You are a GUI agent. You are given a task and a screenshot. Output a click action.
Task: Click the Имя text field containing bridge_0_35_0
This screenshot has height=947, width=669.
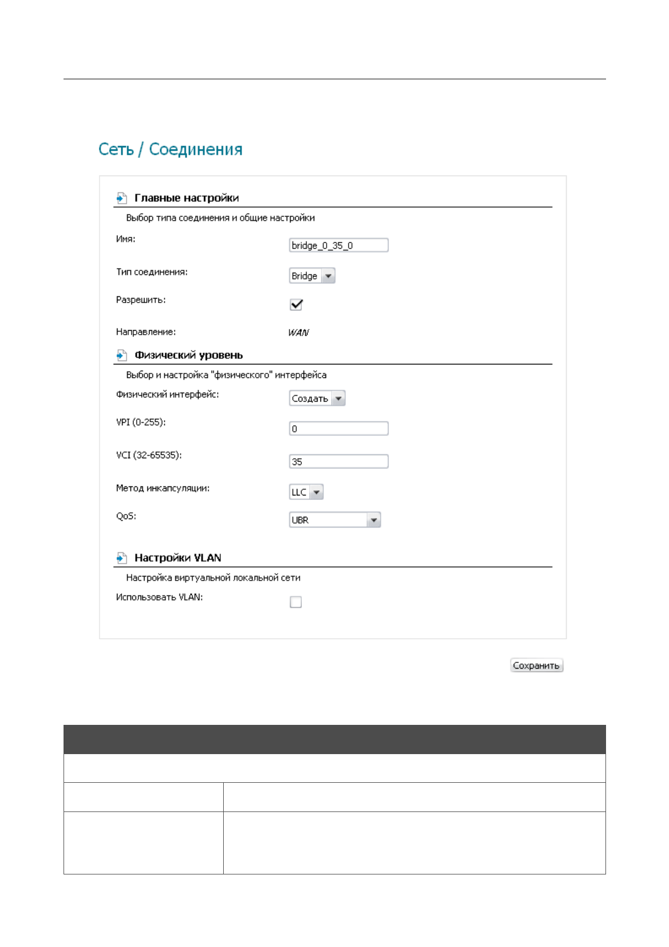(338, 245)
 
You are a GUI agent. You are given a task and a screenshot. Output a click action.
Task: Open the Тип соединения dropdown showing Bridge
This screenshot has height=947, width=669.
(312, 276)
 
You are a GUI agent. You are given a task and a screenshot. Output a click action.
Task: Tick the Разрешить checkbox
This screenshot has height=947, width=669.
(296, 305)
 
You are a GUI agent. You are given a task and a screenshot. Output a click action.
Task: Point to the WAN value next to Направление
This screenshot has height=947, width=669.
(299, 332)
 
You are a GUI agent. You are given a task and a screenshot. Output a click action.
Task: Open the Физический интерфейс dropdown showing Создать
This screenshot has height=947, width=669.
(317, 399)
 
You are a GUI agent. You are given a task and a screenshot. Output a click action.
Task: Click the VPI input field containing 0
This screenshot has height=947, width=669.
(338, 429)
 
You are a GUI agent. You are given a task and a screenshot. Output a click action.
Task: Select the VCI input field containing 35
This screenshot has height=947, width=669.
(338, 462)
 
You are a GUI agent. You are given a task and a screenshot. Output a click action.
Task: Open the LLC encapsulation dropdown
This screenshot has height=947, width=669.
(306, 492)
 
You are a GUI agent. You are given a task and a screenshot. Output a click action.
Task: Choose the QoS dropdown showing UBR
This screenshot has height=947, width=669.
(334, 520)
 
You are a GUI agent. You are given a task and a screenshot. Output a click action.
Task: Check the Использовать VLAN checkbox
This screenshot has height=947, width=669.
(296, 602)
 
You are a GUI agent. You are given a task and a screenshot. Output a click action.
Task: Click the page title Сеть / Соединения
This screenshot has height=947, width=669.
(170, 150)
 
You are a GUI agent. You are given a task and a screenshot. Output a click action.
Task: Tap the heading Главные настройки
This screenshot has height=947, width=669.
(187, 198)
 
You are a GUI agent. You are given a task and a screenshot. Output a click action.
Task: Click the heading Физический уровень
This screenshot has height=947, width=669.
(189, 355)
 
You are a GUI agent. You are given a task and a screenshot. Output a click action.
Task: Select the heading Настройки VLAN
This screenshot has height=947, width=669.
(178, 558)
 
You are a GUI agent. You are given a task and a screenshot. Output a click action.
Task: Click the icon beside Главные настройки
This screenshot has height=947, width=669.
(121, 198)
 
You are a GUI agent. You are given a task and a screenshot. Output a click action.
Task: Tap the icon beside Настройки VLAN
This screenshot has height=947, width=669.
(121, 558)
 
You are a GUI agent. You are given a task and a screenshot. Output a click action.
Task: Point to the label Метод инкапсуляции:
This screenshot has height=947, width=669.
(162, 488)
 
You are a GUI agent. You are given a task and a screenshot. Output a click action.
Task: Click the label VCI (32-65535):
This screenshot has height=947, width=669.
(149, 455)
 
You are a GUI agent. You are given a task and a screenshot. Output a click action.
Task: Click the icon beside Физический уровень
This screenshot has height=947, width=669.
(121, 355)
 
